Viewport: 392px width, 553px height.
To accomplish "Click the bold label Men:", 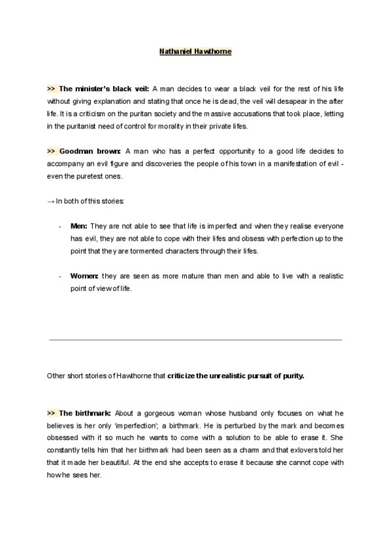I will tap(79, 226).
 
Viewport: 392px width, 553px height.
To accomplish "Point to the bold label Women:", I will tap(85, 276).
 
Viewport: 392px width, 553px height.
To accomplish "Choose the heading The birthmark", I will tap(86, 413).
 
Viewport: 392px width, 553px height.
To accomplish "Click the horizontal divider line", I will tap(195, 340).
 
